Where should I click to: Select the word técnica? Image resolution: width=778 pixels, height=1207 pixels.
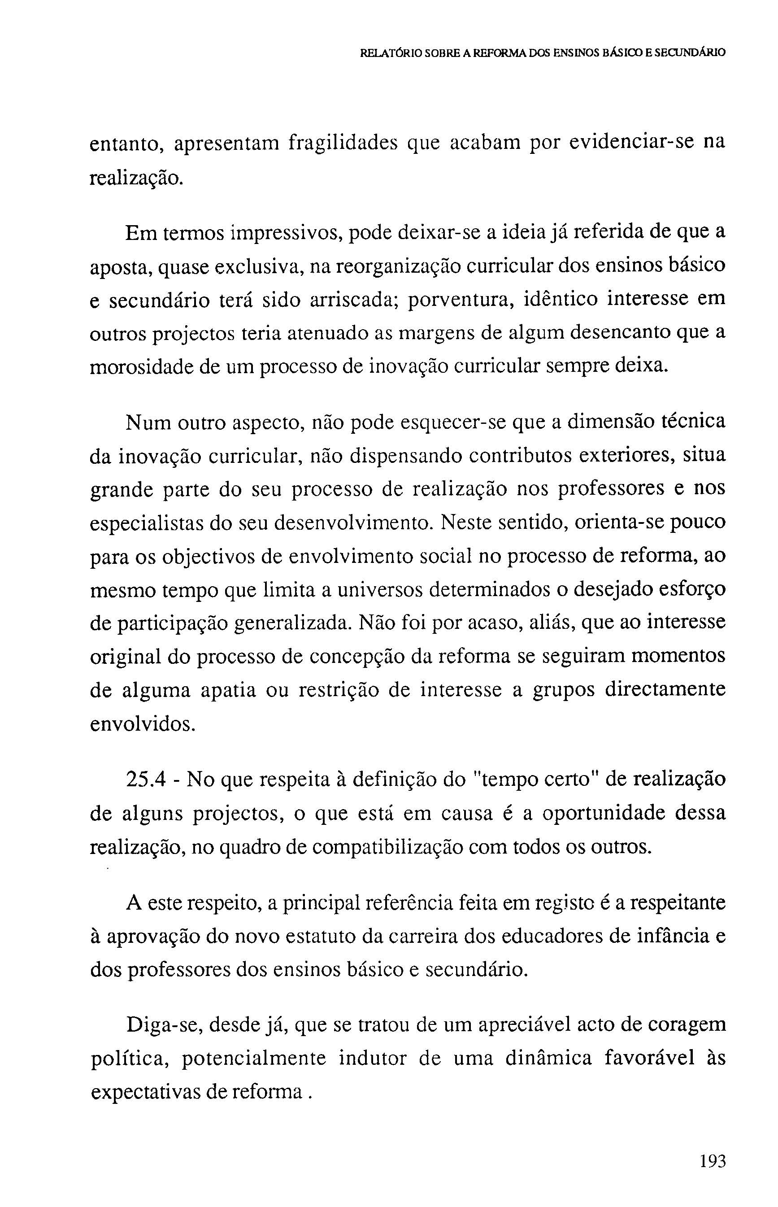[693, 421]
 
